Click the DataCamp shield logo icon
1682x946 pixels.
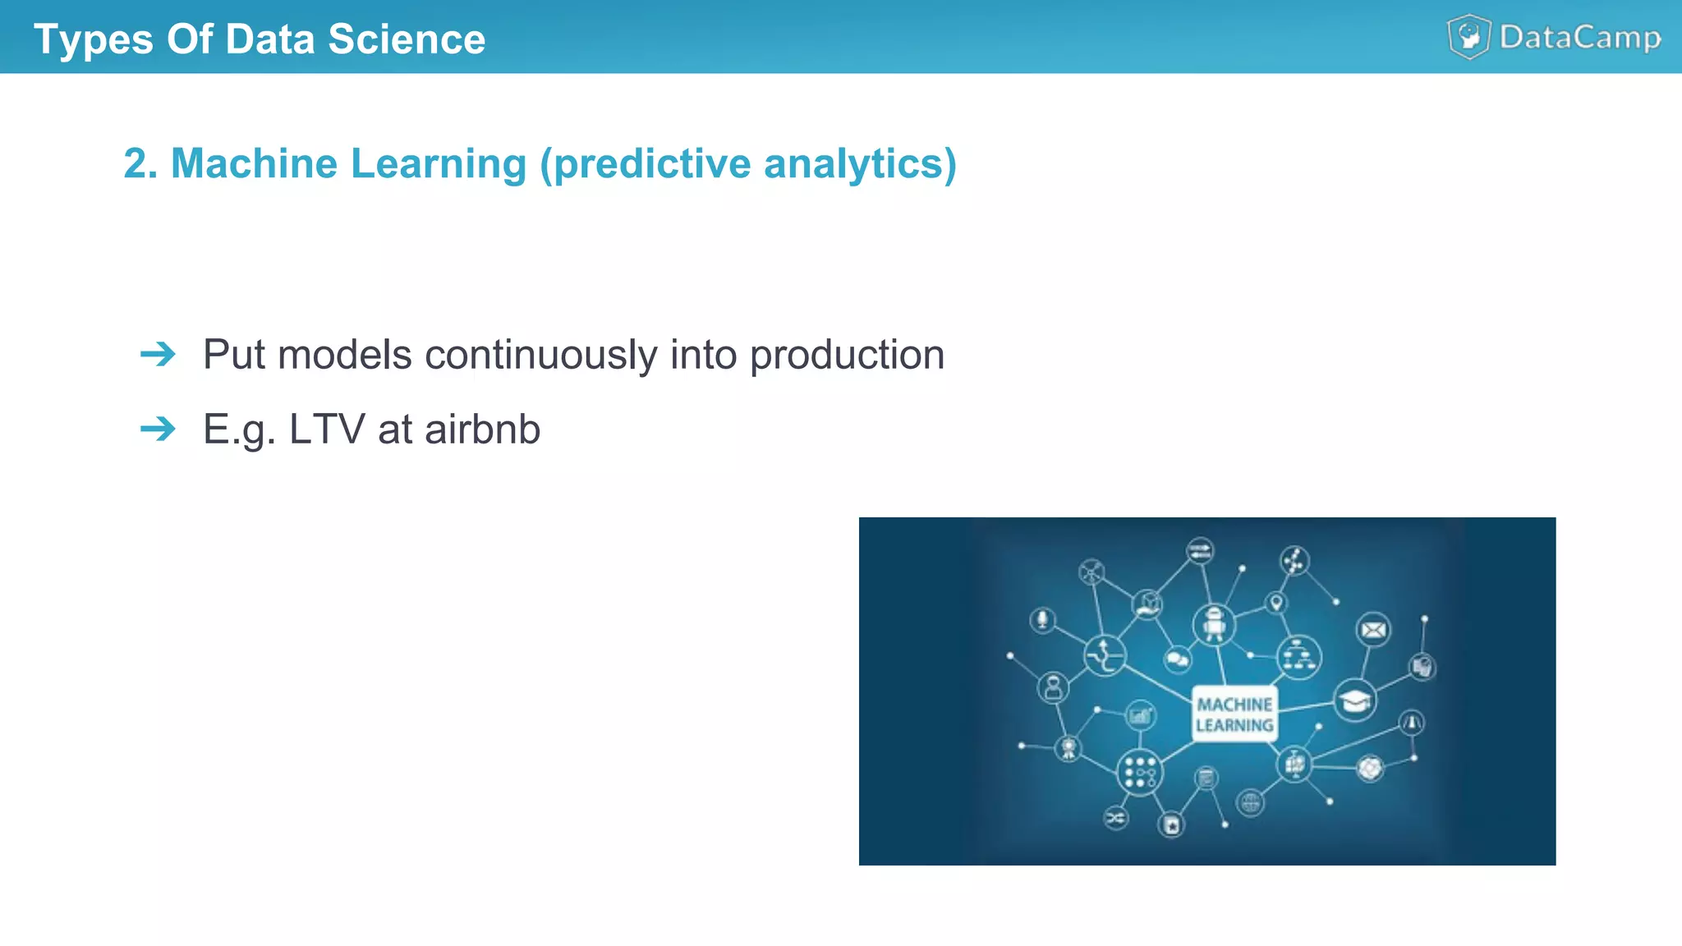coord(1468,37)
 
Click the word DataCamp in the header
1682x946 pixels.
coord(1579,38)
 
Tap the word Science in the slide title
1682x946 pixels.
coord(407,39)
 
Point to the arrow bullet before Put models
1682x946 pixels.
coord(158,355)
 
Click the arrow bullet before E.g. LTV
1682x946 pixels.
coord(158,429)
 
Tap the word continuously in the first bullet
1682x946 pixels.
coord(540,355)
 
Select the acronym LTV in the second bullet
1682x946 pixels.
coord(326,429)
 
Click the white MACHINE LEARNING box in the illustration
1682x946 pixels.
coord(1234,714)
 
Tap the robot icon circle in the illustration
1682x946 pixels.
coord(1214,624)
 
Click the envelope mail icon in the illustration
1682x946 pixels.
coord(1373,630)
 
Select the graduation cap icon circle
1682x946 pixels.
coord(1354,700)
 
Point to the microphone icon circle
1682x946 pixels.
coord(1043,619)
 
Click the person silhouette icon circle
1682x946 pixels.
coord(1053,687)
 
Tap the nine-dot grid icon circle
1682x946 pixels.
coord(1139,772)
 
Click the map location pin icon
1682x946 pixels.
coord(1276,603)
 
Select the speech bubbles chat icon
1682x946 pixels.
coord(1177,659)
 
